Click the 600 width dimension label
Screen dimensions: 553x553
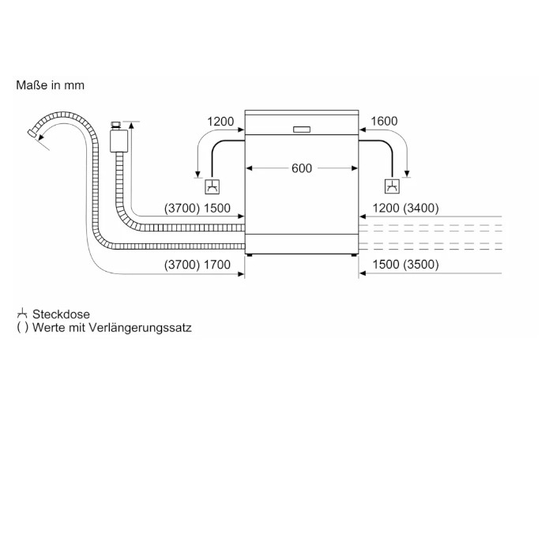(x=302, y=168)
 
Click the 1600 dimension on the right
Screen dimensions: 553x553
(x=384, y=121)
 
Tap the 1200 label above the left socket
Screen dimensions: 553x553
(x=220, y=122)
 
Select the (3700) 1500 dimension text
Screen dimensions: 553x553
(x=197, y=208)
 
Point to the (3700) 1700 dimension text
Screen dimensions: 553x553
(x=197, y=265)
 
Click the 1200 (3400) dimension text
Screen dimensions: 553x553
(x=405, y=208)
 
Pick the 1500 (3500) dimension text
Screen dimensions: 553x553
(x=405, y=265)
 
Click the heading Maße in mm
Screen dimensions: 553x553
(x=50, y=85)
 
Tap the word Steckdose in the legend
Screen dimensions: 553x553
(x=61, y=314)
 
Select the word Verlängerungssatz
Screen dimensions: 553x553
(x=140, y=328)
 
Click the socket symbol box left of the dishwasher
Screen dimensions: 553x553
(x=213, y=186)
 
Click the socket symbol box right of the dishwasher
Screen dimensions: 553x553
(x=392, y=186)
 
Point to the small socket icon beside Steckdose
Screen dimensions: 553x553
(x=22, y=313)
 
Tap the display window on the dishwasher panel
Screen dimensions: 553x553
(x=302, y=130)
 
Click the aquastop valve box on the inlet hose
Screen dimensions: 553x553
(x=118, y=141)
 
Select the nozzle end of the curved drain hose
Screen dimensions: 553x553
(x=32, y=134)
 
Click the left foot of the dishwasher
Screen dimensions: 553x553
(x=250, y=255)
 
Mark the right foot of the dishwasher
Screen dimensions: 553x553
(x=354, y=255)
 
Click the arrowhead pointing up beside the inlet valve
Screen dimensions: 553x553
(x=131, y=125)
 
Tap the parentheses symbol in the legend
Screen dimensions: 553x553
(x=22, y=328)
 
